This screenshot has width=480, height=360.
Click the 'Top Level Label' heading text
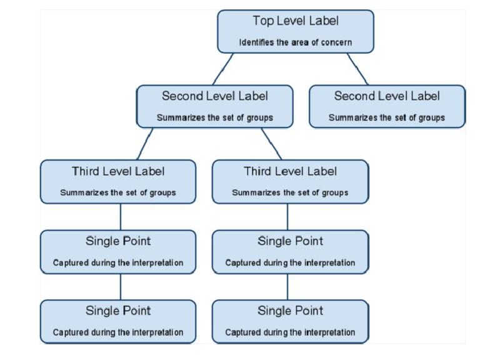click(x=296, y=21)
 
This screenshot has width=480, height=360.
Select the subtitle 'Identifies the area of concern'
click(x=296, y=43)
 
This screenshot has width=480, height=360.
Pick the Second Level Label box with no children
click(x=387, y=107)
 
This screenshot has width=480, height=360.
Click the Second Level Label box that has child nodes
click(x=214, y=107)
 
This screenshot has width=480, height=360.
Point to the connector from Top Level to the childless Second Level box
click(x=359, y=69)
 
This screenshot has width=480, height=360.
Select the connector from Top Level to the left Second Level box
click(x=223, y=69)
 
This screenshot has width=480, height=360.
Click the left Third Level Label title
click(x=118, y=171)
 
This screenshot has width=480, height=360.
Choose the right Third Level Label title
click(x=290, y=171)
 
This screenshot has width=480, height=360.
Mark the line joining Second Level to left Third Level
click(x=145, y=144)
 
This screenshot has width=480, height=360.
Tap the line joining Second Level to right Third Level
click(x=271, y=144)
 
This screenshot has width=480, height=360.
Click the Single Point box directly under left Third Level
click(x=118, y=252)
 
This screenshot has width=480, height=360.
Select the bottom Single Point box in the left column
click(x=118, y=321)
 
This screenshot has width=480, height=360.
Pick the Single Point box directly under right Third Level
click(x=290, y=252)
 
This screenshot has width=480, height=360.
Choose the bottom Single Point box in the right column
click(x=290, y=321)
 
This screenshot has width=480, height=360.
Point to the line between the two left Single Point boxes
click(x=121, y=287)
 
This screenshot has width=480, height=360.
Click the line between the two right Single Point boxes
click(x=287, y=287)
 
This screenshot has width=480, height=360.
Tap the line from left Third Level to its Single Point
click(x=121, y=217)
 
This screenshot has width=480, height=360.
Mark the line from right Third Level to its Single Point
click(x=287, y=217)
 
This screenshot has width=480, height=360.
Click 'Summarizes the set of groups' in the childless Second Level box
click(x=387, y=117)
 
